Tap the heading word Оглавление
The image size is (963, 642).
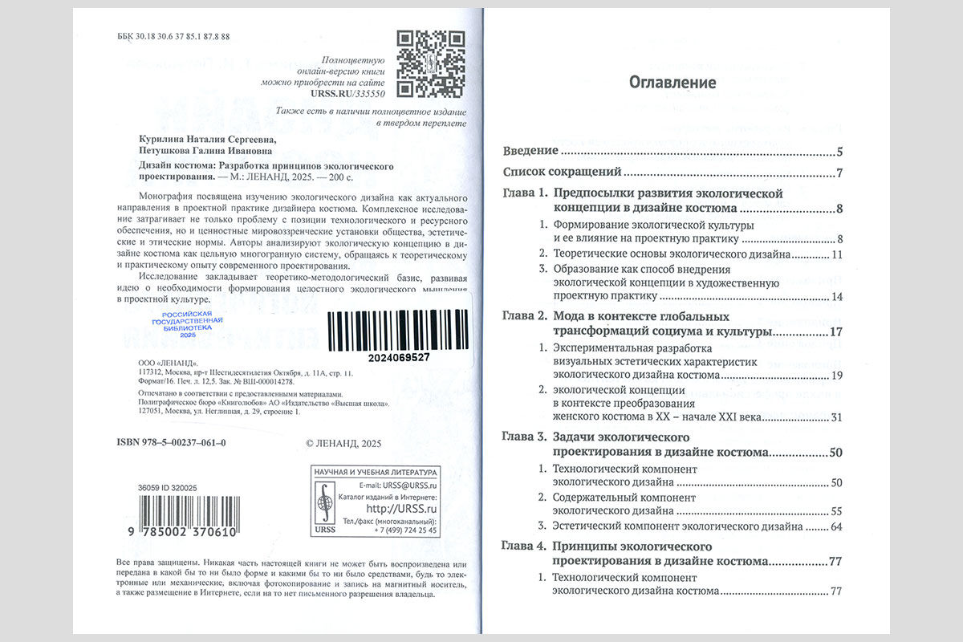672,82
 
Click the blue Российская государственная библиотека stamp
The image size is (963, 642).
186,323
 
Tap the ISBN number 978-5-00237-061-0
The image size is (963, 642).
171,443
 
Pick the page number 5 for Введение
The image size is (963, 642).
838,152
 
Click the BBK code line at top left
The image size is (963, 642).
174,38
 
